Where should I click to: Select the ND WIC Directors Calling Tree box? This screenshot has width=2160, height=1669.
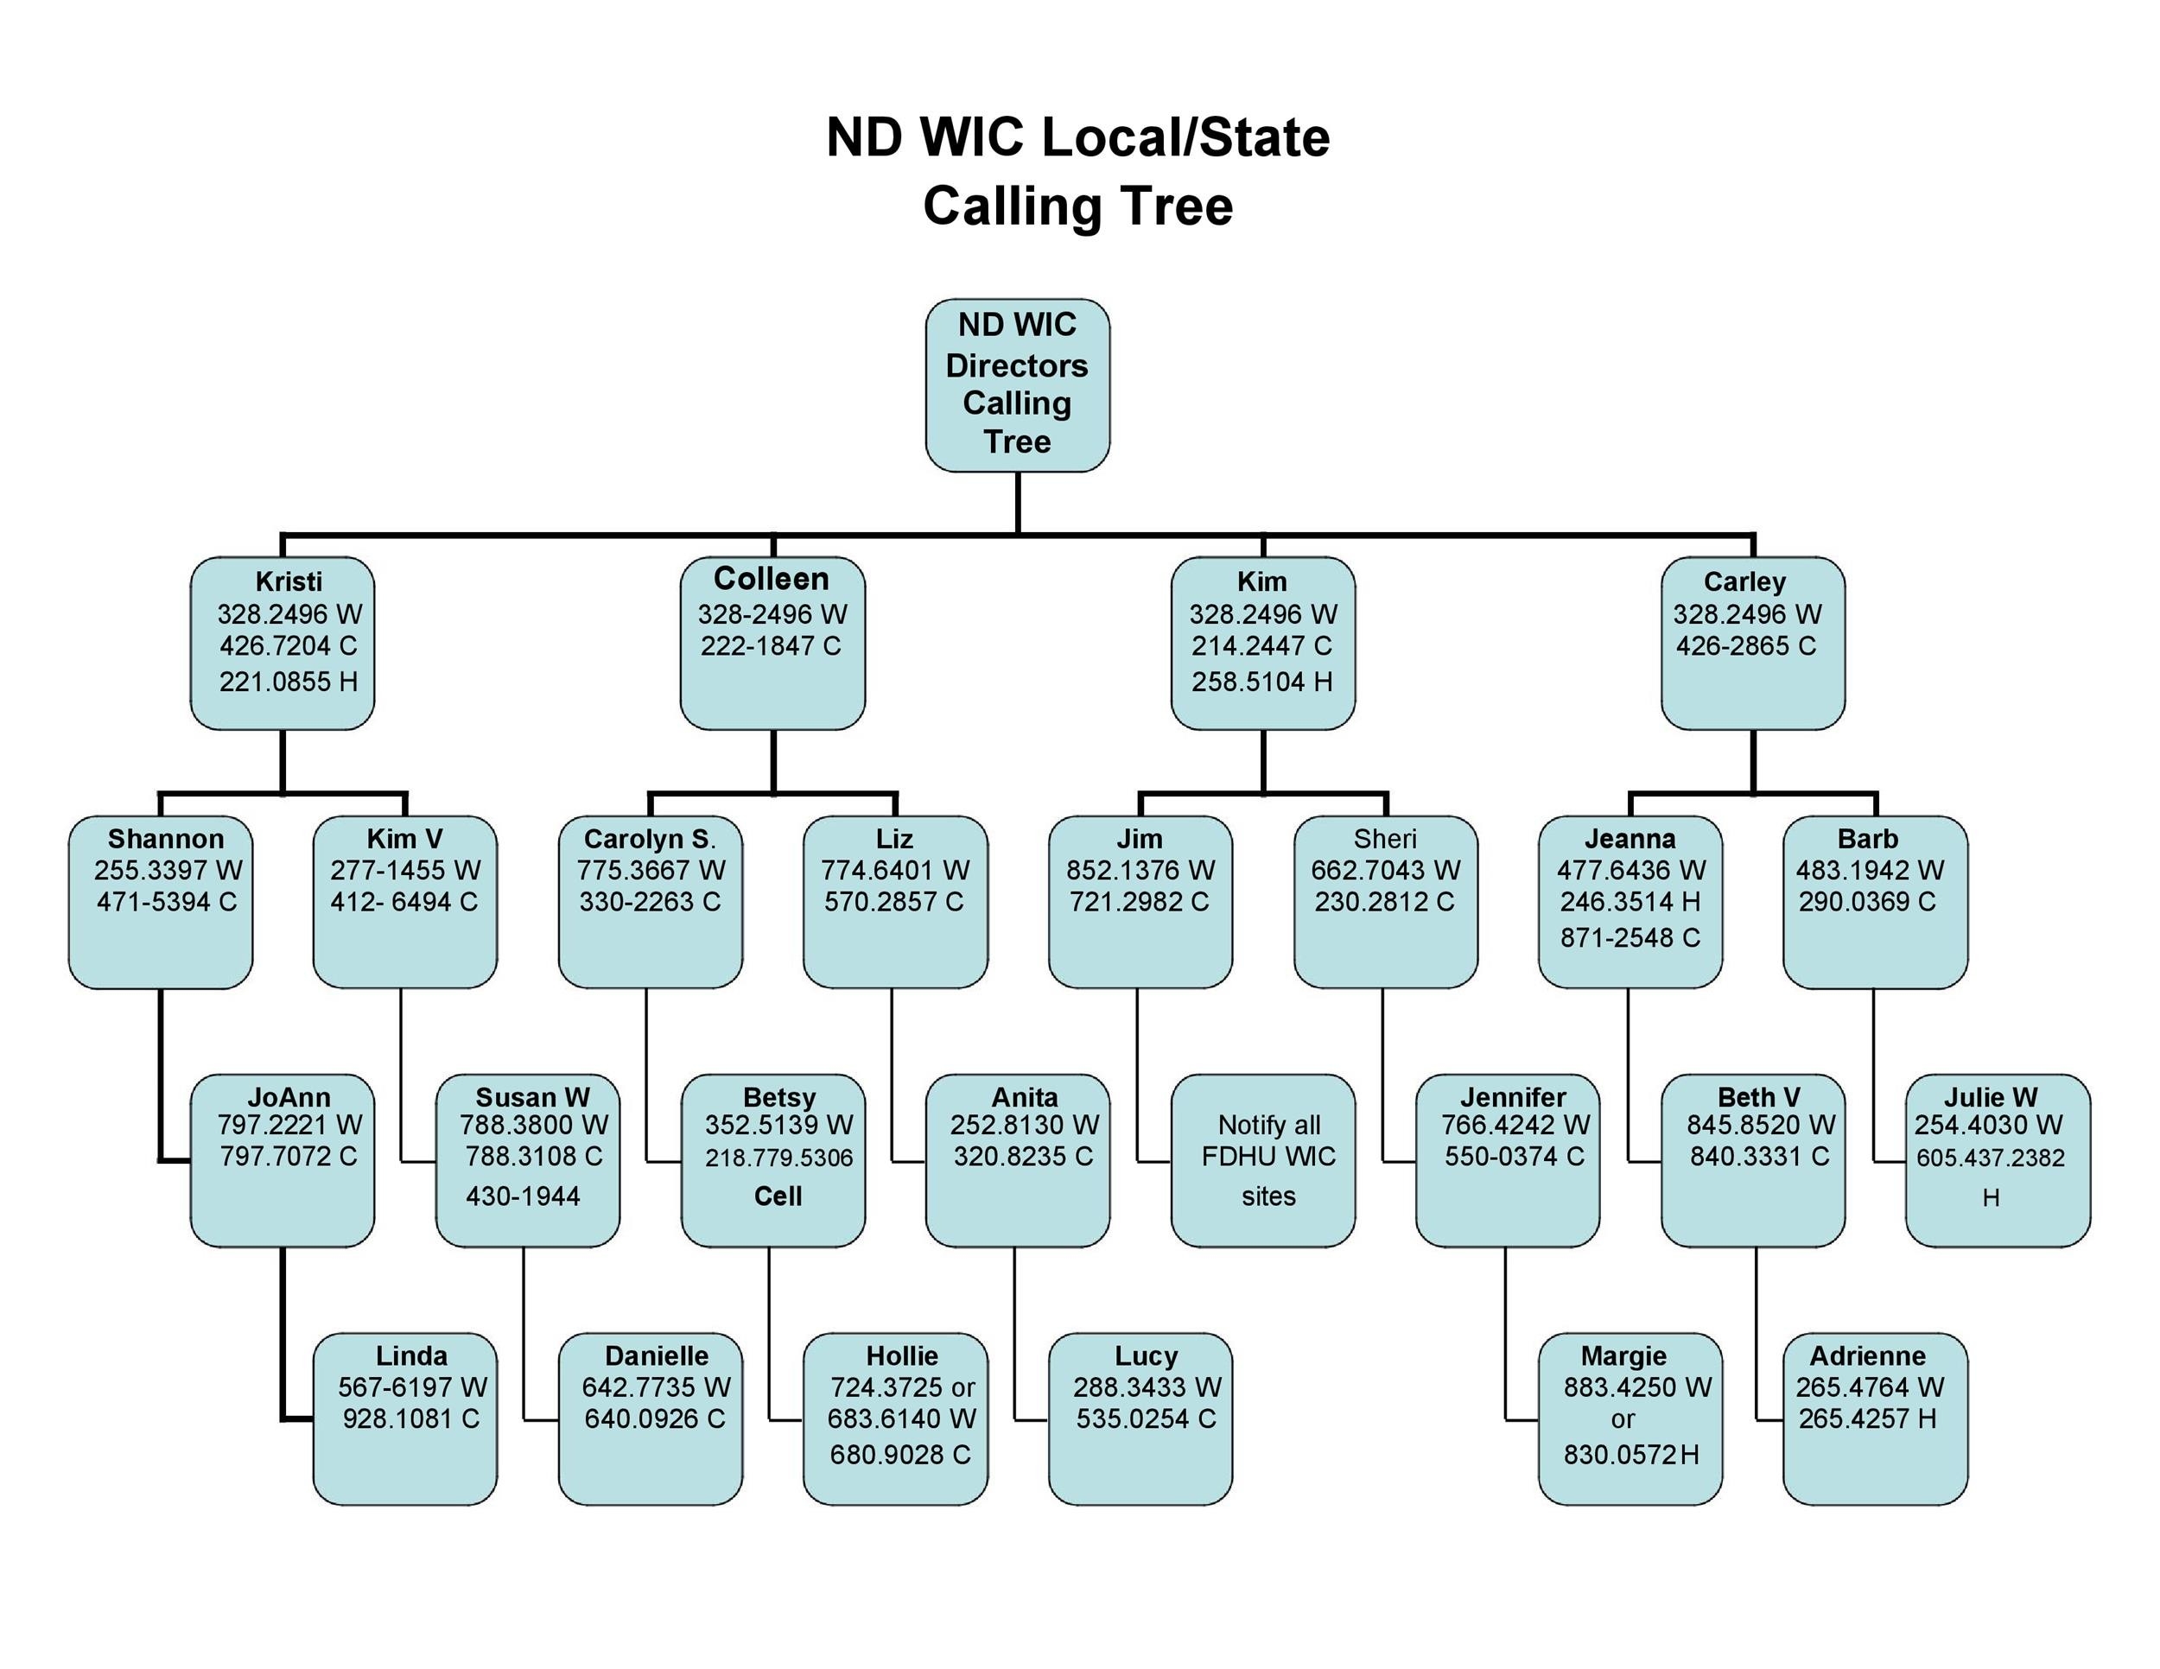(x=1017, y=384)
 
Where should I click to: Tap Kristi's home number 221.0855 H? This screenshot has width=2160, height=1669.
(x=288, y=682)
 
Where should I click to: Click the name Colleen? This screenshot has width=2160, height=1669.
(x=772, y=579)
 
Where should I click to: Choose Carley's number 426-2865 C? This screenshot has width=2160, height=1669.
(x=1745, y=645)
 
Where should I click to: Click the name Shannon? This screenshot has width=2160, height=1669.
(x=165, y=839)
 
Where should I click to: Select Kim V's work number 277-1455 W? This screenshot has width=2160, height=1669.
(x=404, y=870)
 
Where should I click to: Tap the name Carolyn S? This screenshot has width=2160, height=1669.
(x=649, y=839)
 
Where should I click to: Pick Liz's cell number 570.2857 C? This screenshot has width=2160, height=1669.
(x=893, y=902)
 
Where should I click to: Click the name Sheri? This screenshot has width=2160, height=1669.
(x=1385, y=839)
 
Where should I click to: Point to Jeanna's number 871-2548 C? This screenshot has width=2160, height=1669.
(x=1630, y=937)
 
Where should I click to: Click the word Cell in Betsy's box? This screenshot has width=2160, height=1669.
(x=778, y=1196)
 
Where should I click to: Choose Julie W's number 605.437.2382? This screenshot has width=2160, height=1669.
(x=1990, y=1158)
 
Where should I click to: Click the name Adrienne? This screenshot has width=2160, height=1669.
(x=1867, y=1355)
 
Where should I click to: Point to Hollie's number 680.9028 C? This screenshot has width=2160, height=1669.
(x=900, y=1455)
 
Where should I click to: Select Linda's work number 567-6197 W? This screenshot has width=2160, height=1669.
(x=411, y=1387)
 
